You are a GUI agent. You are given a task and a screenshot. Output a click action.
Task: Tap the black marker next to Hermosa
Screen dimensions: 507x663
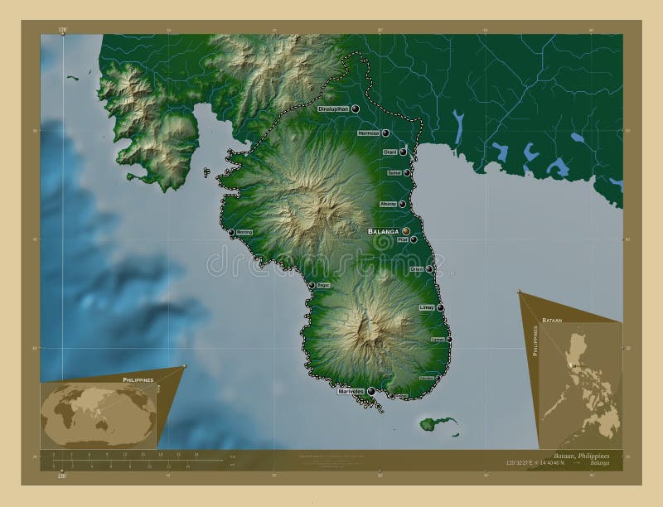[x=386, y=133]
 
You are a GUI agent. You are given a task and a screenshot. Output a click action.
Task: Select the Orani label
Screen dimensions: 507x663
[x=390, y=152]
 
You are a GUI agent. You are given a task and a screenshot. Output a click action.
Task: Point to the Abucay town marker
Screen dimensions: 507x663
[x=403, y=204]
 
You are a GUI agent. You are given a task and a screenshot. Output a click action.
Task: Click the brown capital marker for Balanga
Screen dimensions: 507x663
[x=406, y=232]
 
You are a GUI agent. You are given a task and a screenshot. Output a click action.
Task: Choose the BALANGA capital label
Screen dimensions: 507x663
[x=383, y=232]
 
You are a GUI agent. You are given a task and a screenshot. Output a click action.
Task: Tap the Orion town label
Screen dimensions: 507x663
[x=416, y=269]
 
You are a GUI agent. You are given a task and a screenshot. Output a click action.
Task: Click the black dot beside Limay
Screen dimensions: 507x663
[x=440, y=307]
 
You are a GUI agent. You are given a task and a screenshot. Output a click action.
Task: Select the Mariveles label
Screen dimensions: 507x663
[x=351, y=391]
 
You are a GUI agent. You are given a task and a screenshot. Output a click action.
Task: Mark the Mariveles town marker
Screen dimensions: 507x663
[x=370, y=391]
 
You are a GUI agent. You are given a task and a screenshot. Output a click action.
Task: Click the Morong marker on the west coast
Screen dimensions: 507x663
[x=232, y=233]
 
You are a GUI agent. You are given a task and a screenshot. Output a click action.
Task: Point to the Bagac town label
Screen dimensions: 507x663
[x=323, y=285]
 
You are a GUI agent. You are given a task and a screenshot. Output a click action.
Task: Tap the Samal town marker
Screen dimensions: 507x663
[x=407, y=172]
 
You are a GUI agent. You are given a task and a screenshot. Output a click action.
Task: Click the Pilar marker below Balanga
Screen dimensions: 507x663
[x=414, y=239]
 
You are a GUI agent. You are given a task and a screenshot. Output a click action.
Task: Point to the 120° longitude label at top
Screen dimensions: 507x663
[x=62, y=29]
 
